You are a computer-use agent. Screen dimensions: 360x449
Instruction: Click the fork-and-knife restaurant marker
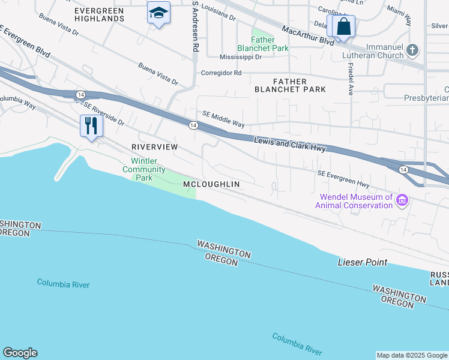tap(91, 126)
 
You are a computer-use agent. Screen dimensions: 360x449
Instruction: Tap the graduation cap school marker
tap(158, 13)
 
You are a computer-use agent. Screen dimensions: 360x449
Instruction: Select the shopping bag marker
tap(344, 27)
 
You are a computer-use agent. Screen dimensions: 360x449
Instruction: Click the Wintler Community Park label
tap(144, 170)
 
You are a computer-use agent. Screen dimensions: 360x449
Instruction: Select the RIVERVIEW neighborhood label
tap(154, 147)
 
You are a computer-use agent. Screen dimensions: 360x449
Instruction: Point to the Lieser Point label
tap(363, 262)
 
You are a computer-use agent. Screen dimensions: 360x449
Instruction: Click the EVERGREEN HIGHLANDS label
tap(100, 14)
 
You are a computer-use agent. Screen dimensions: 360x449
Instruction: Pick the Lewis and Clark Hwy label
tap(289, 145)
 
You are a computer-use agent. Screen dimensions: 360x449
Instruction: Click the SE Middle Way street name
tap(223, 119)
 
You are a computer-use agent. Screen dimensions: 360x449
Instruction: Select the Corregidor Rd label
tap(221, 73)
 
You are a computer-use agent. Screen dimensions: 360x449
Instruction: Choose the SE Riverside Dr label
tap(103, 113)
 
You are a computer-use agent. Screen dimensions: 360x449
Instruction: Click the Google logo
tap(20, 353)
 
